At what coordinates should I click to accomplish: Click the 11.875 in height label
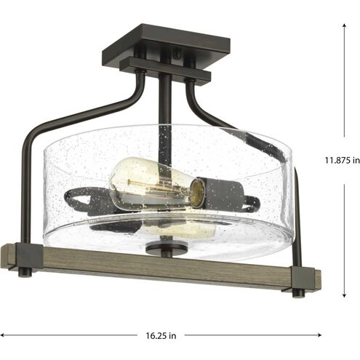343,160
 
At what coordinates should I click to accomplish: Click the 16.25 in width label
161,335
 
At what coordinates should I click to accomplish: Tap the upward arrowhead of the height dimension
344,25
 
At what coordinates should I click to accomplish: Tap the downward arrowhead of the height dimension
344,295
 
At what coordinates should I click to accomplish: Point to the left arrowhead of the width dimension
2,335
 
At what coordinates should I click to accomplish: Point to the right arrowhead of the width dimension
319,335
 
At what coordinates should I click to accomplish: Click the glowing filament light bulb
154,183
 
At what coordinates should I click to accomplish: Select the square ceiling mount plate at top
166,44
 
